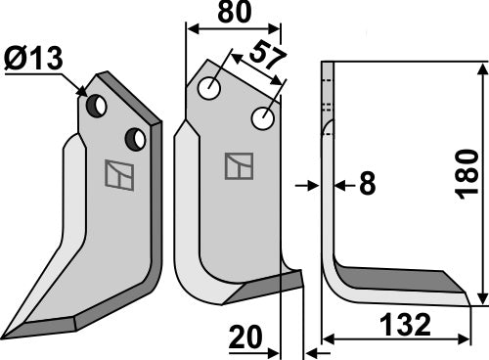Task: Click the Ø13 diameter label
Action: [x=33, y=61]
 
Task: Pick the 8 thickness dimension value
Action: [x=366, y=183]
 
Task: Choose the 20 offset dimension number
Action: [x=247, y=337]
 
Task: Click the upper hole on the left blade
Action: [x=97, y=106]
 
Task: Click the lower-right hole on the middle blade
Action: [x=263, y=119]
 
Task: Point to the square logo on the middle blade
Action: [x=238, y=166]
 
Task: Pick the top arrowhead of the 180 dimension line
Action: [x=482, y=67]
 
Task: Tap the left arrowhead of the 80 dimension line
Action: [x=190, y=30]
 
